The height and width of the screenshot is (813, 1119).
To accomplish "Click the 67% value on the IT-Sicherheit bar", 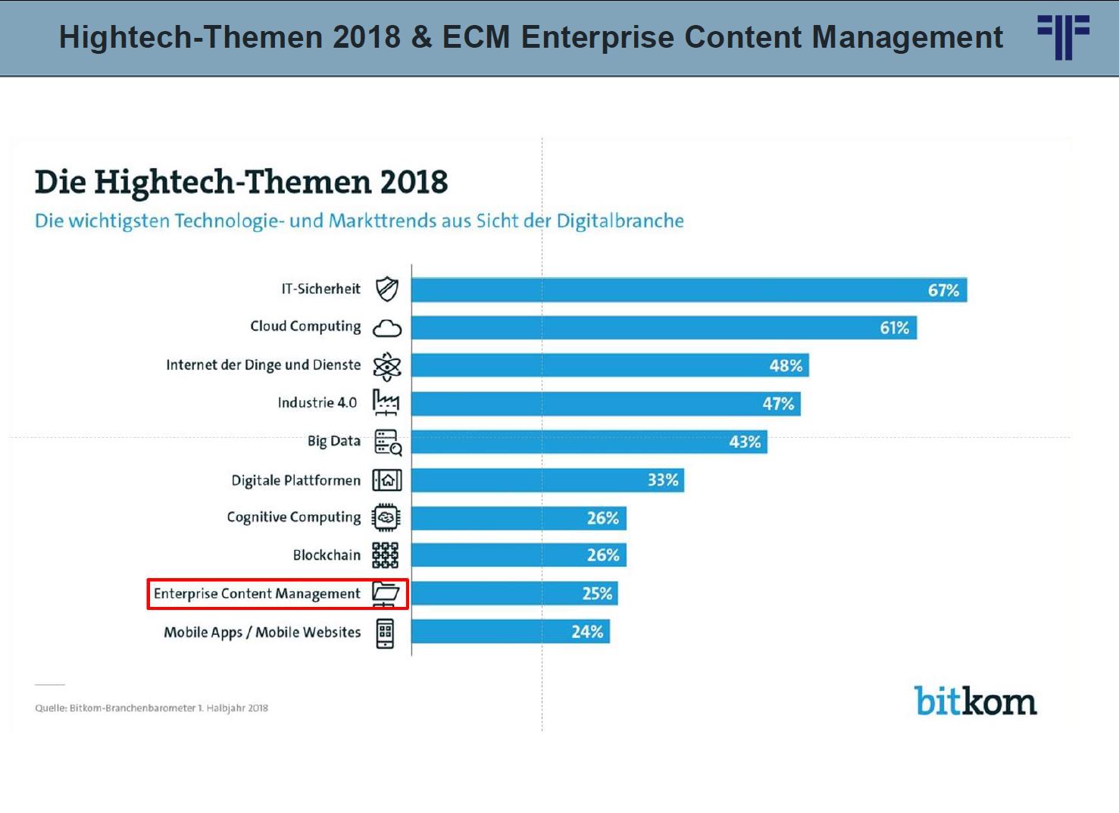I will pyautogui.click(x=943, y=290).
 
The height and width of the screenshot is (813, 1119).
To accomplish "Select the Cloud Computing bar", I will pyautogui.click(x=663, y=328).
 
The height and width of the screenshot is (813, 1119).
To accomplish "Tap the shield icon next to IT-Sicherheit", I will pyautogui.click(x=387, y=289).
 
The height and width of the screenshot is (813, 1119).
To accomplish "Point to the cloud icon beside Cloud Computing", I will pyautogui.click(x=387, y=328).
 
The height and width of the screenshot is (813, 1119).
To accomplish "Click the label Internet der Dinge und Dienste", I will pyautogui.click(x=263, y=364).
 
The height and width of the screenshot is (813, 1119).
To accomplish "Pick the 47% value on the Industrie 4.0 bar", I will pyautogui.click(x=778, y=404).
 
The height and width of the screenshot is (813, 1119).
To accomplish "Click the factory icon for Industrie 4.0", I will pyautogui.click(x=386, y=402).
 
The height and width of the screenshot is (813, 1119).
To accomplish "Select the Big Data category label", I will pyautogui.click(x=333, y=441).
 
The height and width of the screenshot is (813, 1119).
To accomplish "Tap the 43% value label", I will pyautogui.click(x=745, y=442).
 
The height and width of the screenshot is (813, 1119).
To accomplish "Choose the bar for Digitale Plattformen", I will pyautogui.click(x=547, y=480).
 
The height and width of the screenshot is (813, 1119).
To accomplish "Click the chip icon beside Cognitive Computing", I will pyautogui.click(x=386, y=518).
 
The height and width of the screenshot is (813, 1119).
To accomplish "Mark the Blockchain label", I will pyautogui.click(x=327, y=555).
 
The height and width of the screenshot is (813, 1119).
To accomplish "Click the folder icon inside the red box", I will pyautogui.click(x=386, y=593).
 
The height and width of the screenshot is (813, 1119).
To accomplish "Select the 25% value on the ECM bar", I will pyautogui.click(x=597, y=593).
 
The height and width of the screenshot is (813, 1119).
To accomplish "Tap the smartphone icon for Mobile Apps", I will pyautogui.click(x=386, y=633).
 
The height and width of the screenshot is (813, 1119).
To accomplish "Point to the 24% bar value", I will pyautogui.click(x=587, y=632).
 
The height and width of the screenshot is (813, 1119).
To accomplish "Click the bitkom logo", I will pyautogui.click(x=975, y=702).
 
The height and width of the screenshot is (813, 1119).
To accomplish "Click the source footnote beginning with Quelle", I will pyautogui.click(x=152, y=708).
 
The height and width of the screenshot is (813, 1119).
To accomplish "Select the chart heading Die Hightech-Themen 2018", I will pyautogui.click(x=241, y=182).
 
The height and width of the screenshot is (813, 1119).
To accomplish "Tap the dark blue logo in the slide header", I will pyautogui.click(x=1063, y=36).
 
